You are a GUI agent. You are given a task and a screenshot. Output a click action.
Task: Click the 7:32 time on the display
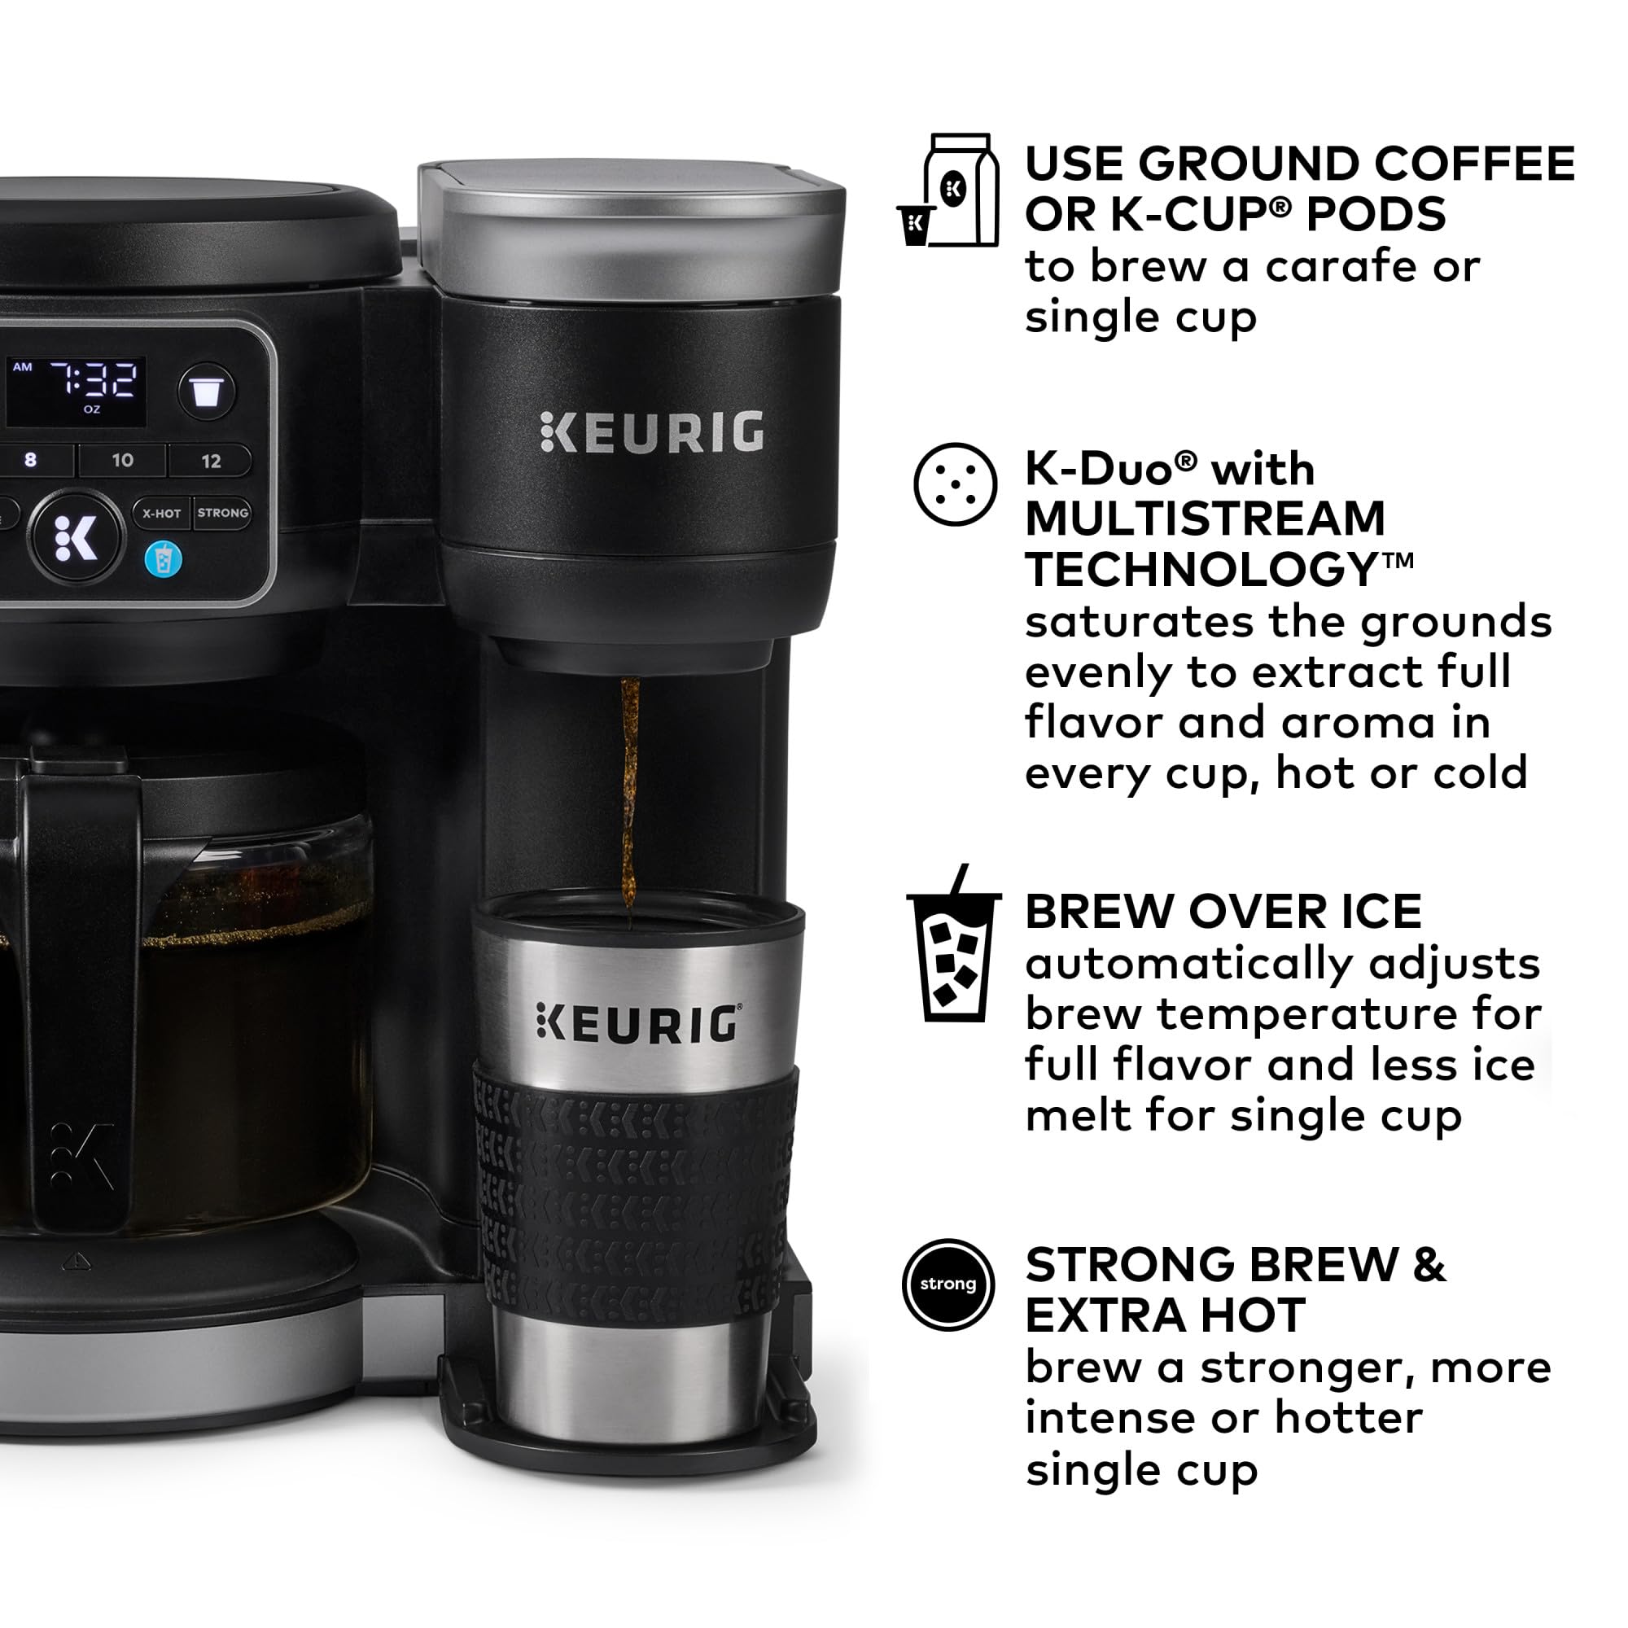(x=94, y=380)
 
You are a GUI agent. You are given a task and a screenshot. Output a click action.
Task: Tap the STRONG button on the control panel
(x=222, y=512)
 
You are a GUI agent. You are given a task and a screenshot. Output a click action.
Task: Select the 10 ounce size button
(x=122, y=460)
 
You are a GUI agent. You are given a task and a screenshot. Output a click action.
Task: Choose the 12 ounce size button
(x=211, y=461)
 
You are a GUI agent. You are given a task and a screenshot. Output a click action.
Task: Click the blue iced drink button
(x=163, y=559)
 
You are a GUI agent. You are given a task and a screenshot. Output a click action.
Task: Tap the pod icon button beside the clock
(x=207, y=391)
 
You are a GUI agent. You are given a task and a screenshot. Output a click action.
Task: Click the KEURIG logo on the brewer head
(x=651, y=432)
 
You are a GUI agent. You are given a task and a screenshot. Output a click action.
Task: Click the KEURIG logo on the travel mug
(x=639, y=1024)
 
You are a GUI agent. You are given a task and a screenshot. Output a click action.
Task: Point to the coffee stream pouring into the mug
(x=628, y=800)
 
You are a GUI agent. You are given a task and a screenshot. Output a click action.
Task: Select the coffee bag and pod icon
(x=951, y=191)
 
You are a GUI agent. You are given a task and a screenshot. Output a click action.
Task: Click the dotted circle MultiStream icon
(x=955, y=485)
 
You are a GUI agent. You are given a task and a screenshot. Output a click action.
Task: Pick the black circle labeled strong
(x=948, y=1284)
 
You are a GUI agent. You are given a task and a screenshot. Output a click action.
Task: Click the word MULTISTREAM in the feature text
(x=1205, y=519)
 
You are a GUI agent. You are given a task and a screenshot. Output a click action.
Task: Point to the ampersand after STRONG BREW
(x=1429, y=1265)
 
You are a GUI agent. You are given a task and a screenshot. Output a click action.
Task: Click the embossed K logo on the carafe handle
(x=81, y=1155)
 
